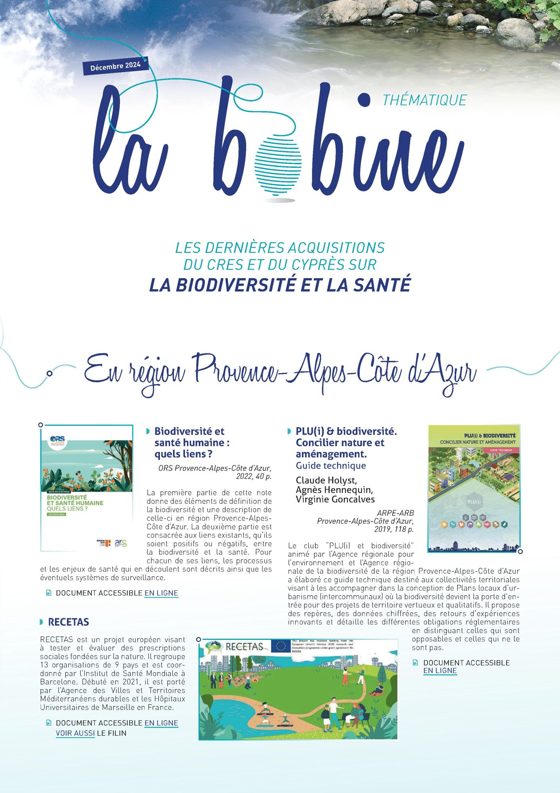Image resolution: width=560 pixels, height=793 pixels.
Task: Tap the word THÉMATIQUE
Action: [425, 100]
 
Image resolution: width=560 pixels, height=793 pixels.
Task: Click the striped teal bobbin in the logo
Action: [278, 163]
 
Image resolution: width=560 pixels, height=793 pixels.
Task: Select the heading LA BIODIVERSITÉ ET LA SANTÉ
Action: [280, 285]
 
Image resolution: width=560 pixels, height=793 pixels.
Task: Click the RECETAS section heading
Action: [69, 622]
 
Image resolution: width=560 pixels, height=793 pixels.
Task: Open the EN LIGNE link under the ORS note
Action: [161, 593]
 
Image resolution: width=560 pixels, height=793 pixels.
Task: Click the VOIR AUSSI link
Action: [75, 733]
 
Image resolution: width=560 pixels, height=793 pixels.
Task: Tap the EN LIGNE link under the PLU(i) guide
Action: [440, 670]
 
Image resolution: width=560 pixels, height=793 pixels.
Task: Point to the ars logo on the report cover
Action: [121, 543]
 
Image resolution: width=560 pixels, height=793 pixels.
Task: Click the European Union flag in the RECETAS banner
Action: [281, 646]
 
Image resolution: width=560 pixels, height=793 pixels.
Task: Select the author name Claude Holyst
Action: [326, 481]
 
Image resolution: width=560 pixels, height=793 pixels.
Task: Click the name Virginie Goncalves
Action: [335, 499]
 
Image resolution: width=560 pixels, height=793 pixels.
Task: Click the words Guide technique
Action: [331, 465]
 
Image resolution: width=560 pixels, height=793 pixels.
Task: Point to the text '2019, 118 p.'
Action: [394, 529]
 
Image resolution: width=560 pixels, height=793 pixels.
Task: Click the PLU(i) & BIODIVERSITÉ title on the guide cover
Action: [490, 435]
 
